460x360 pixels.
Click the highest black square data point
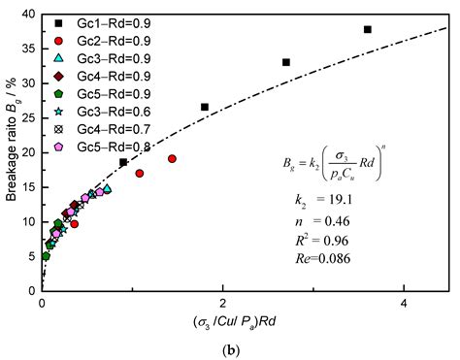(368, 29)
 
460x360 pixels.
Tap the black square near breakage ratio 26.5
(205, 107)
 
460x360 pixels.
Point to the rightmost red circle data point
(172, 158)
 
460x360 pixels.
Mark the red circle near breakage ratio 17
(140, 174)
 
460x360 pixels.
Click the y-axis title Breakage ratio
(11, 146)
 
